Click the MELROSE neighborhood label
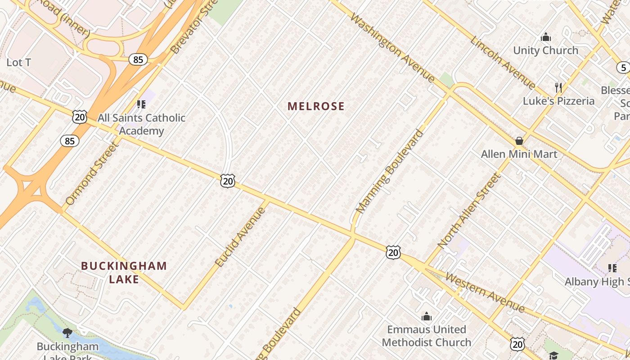(x=316, y=106)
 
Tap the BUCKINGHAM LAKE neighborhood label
(x=124, y=272)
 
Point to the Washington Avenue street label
(x=392, y=48)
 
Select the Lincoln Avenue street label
(x=503, y=63)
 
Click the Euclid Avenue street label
(x=240, y=237)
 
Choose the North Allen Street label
(x=469, y=211)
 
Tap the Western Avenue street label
(x=485, y=292)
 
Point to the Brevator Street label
(x=188, y=28)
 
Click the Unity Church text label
(x=545, y=50)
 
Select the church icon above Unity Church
(x=546, y=37)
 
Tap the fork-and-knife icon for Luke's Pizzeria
(x=558, y=87)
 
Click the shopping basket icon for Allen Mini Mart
(x=519, y=141)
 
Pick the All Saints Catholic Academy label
(x=141, y=124)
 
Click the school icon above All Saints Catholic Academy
(x=141, y=104)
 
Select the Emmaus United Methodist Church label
(x=426, y=336)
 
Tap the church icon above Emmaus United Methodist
(x=426, y=316)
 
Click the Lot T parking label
(x=18, y=63)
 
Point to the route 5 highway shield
(x=623, y=67)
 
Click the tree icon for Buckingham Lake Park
(x=67, y=333)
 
